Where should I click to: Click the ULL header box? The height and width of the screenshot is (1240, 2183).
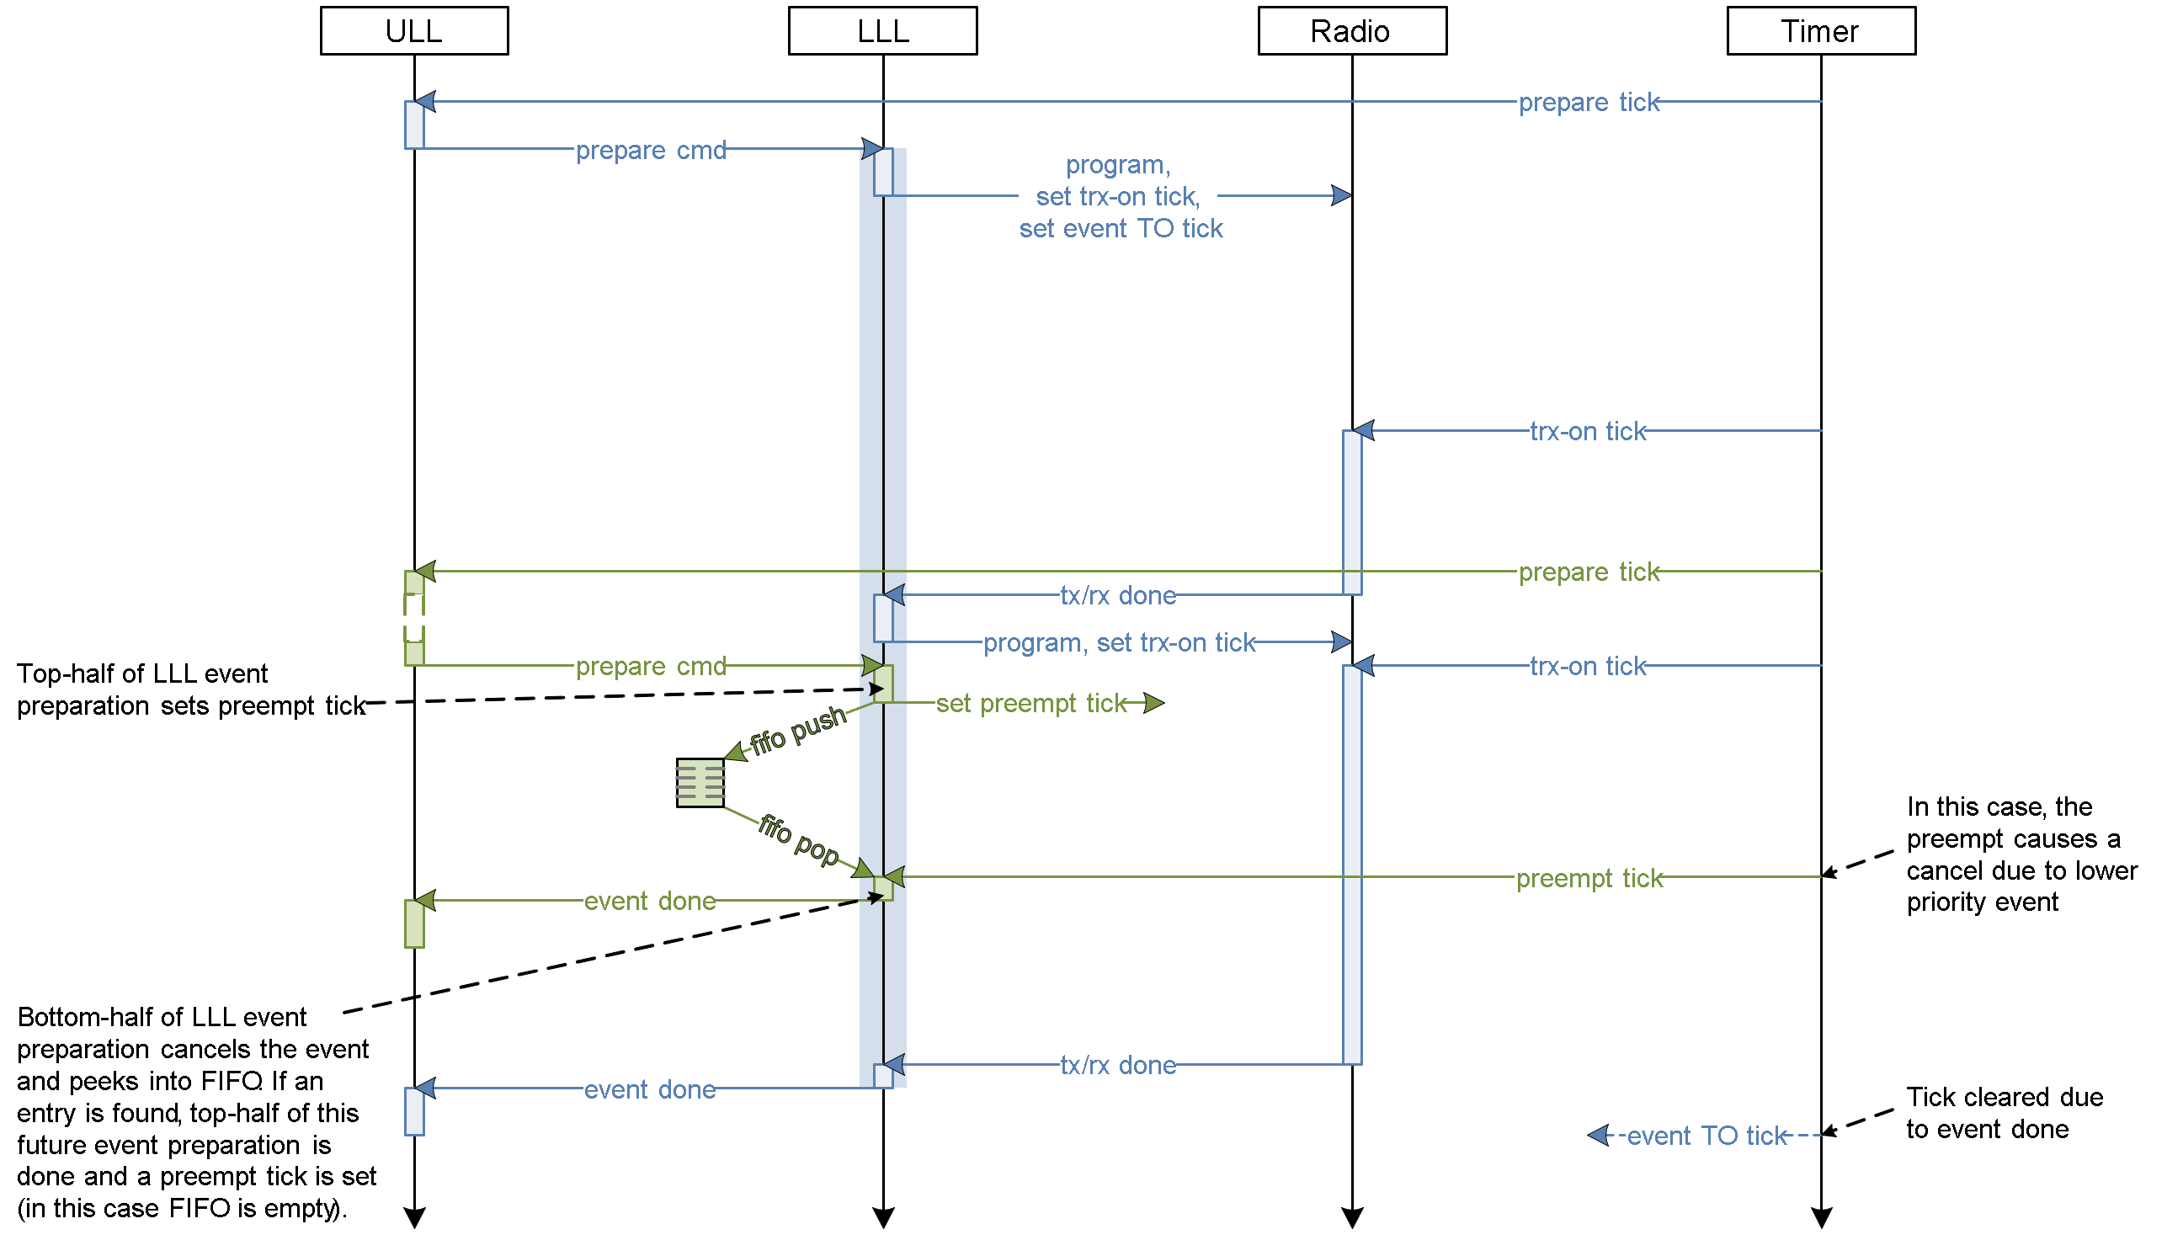[x=414, y=31]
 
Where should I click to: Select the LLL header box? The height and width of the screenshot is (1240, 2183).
[x=882, y=31]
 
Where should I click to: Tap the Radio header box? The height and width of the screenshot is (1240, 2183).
[x=1352, y=31]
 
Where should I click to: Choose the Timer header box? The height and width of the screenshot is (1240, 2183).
[x=1821, y=31]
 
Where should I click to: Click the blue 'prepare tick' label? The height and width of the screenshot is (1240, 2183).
[x=1586, y=102]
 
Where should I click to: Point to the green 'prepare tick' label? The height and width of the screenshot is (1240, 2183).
[x=1586, y=572]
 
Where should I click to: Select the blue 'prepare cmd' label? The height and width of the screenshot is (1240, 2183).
[x=649, y=149]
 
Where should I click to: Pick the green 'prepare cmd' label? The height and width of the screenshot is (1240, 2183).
[x=649, y=665]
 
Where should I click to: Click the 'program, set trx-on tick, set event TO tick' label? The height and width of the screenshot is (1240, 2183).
[x=1117, y=196]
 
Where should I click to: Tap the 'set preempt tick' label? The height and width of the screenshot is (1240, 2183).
[x=1028, y=704]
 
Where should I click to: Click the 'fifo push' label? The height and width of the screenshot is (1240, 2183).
[x=797, y=731]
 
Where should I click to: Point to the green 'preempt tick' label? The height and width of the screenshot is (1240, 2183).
[x=1586, y=877]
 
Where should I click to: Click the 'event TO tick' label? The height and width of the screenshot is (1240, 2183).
[x=1703, y=1136]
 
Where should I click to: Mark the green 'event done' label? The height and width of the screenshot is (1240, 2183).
[x=648, y=900]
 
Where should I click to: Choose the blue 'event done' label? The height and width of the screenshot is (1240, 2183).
[x=648, y=1088]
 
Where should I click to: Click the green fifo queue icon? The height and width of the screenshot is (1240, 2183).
[x=700, y=783]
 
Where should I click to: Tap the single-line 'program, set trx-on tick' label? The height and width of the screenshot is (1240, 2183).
[x=1117, y=642]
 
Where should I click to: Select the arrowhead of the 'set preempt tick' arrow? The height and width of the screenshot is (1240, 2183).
[x=1154, y=703]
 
